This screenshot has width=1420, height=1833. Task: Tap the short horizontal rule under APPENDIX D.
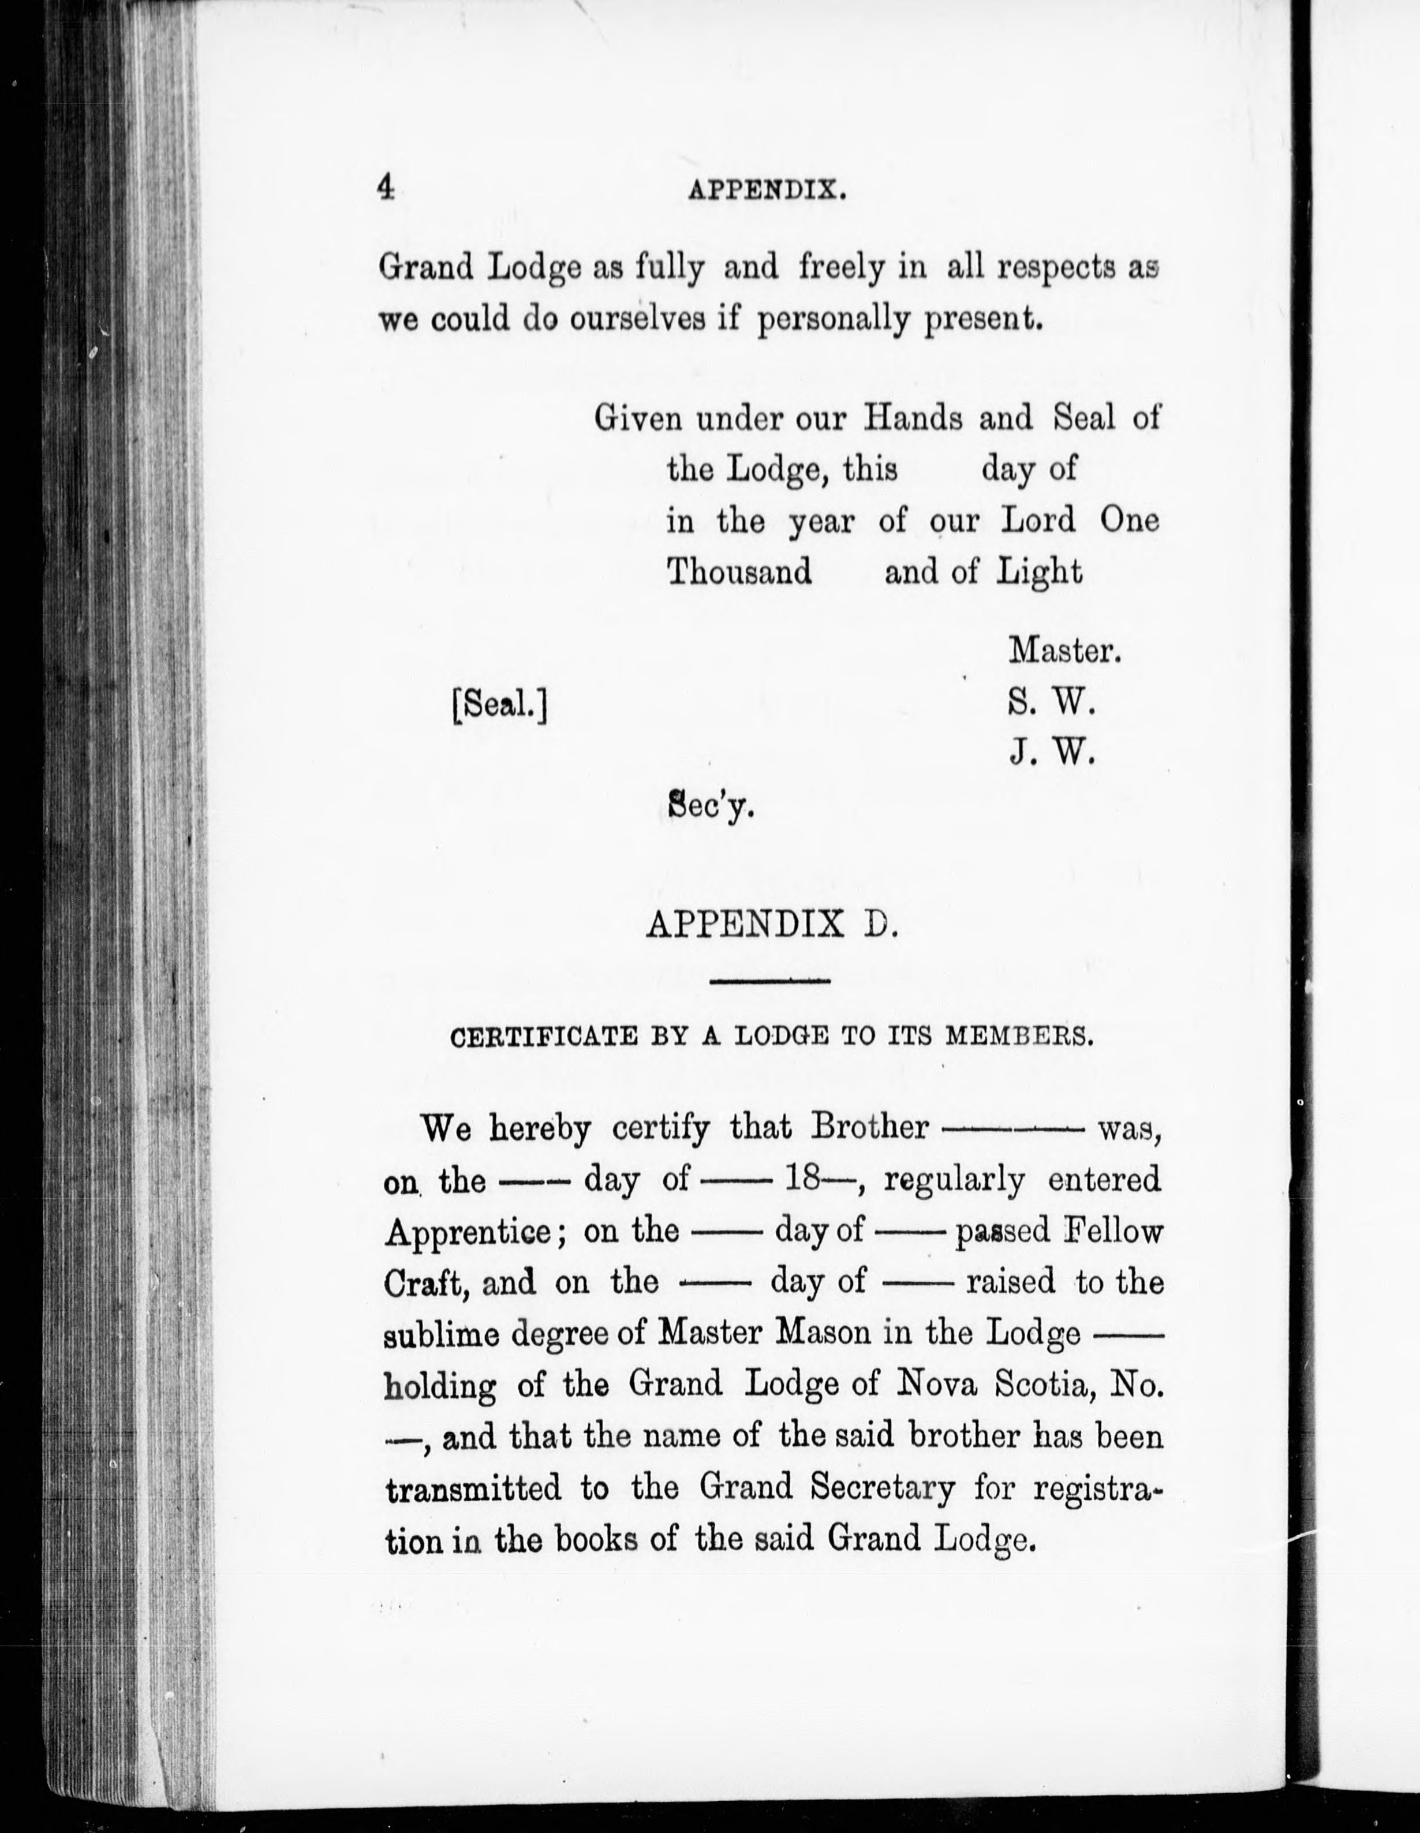tap(769, 981)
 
